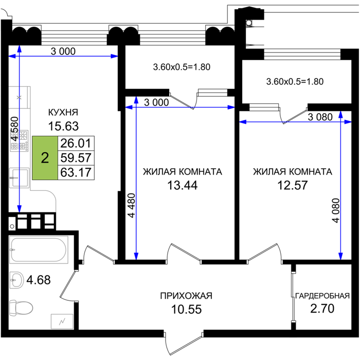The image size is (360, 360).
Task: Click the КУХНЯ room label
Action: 63,112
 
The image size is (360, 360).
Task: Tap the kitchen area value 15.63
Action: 63,126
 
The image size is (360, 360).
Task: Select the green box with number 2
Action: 45,158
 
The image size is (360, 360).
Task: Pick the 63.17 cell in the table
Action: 76,172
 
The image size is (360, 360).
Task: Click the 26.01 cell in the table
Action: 76,143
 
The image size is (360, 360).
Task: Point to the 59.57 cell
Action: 76,158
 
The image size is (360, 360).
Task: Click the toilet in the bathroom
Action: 21,308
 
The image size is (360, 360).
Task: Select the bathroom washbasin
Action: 16,280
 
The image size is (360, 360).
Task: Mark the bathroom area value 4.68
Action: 39,280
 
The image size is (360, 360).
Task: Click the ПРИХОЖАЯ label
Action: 186,296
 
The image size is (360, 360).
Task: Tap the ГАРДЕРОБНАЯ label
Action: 322,296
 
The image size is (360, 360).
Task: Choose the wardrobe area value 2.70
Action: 322,309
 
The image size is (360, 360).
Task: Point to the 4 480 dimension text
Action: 132,206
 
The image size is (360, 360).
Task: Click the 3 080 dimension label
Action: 320,117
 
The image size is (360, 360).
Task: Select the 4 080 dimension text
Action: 336,210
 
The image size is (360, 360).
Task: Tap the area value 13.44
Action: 182,185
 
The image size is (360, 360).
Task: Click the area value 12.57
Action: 293,185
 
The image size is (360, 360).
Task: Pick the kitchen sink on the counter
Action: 20,177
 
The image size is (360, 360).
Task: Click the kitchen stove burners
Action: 20,141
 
